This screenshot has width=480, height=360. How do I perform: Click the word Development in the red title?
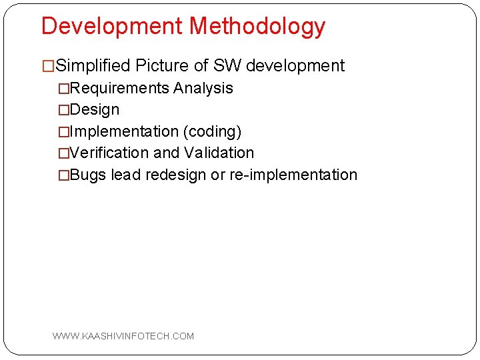[x=112, y=26]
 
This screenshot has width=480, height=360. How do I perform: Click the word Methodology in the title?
[x=257, y=27]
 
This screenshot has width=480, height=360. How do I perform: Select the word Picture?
[x=163, y=66]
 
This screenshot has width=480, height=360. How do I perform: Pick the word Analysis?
[x=203, y=88]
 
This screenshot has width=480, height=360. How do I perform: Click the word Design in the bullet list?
[x=95, y=109]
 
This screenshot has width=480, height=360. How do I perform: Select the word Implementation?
[x=124, y=131]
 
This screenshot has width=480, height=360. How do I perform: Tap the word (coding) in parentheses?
[x=213, y=131]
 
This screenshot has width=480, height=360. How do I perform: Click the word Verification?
[x=109, y=153]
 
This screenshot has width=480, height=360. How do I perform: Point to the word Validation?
[x=219, y=153]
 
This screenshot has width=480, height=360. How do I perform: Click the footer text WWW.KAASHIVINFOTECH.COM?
[x=123, y=336]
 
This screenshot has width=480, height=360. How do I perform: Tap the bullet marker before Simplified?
[x=48, y=66]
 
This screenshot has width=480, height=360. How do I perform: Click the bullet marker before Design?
[x=63, y=110]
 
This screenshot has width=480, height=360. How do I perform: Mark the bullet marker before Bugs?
[x=63, y=175]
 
